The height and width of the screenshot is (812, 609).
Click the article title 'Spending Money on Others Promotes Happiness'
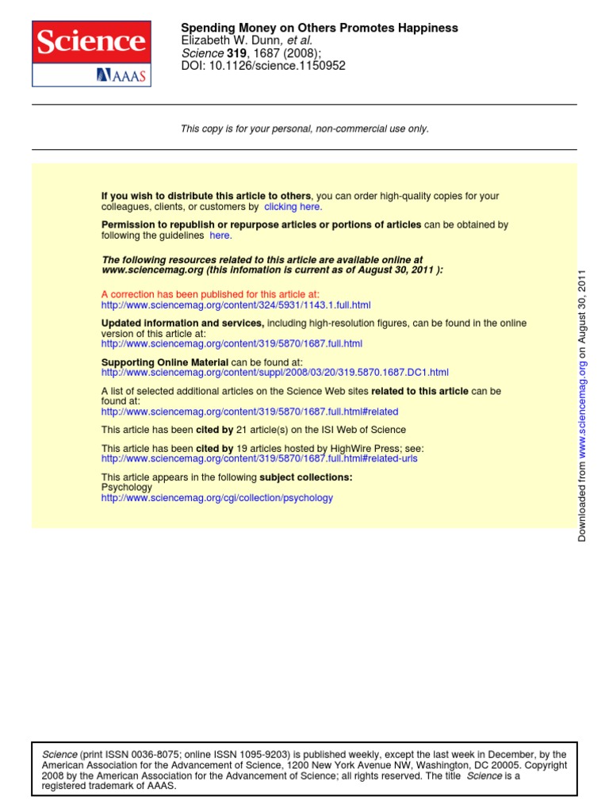click(320, 28)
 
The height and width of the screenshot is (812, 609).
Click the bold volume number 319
click(238, 53)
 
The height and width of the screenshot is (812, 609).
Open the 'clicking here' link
click(293, 207)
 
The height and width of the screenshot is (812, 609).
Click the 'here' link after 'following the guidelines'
click(220, 236)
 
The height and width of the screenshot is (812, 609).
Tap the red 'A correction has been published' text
click(210, 294)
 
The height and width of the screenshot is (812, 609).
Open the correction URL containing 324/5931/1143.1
click(236, 304)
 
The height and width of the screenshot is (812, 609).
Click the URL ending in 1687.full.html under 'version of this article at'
click(232, 343)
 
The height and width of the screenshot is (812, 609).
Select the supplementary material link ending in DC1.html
click(274, 372)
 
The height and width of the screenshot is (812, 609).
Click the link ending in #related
click(250, 412)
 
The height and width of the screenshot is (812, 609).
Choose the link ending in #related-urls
click(259, 458)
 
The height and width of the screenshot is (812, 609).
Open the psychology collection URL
click(217, 498)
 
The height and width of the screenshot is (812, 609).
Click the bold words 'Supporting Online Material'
click(165, 362)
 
